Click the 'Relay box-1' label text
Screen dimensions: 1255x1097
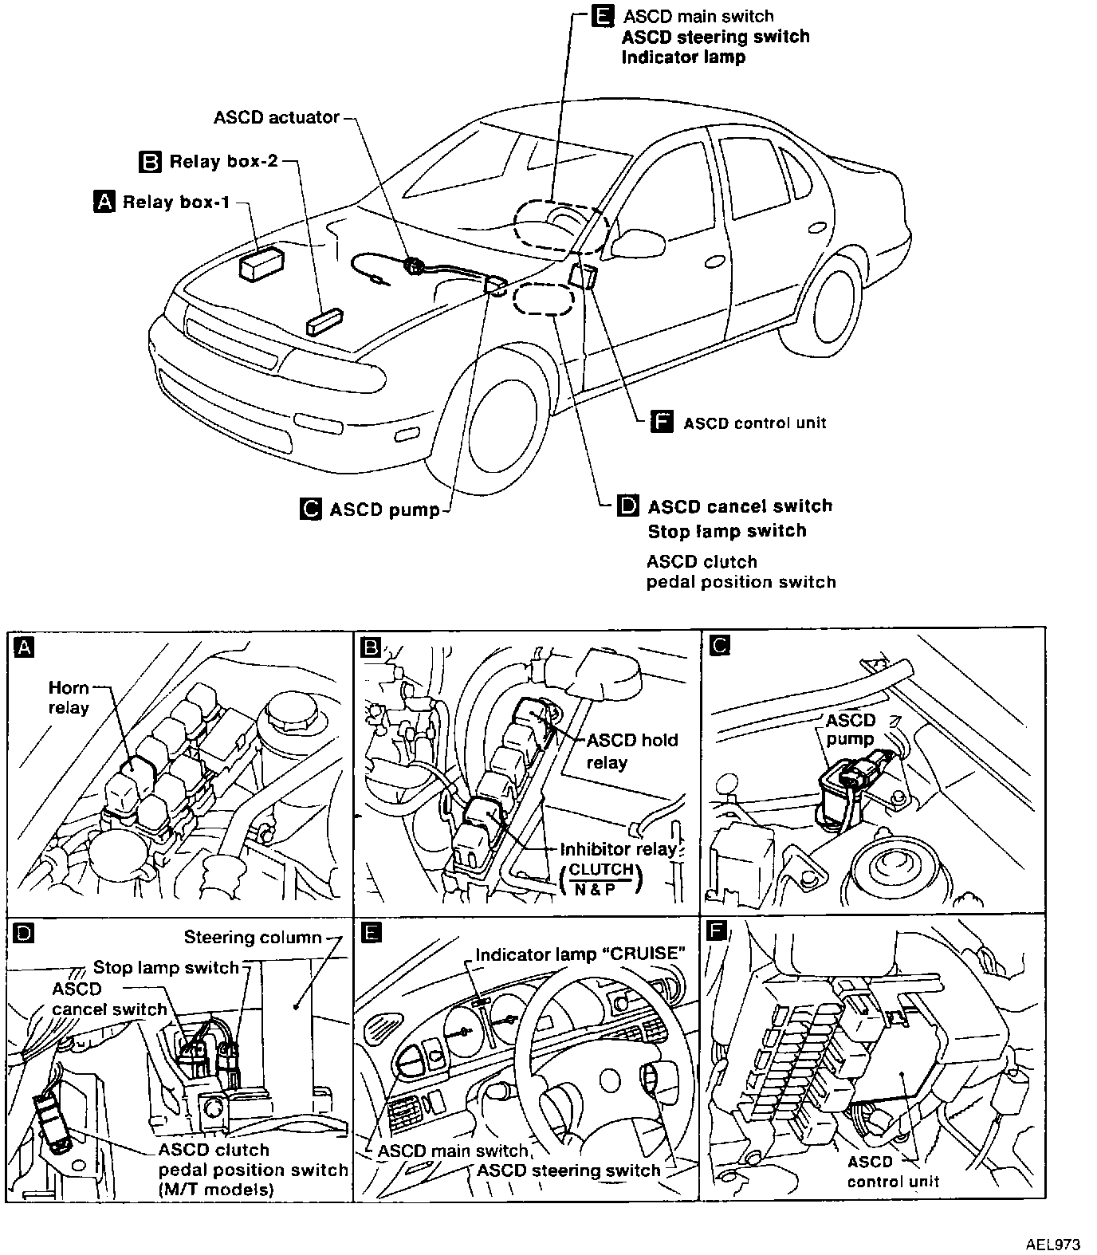click(x=176, y=203)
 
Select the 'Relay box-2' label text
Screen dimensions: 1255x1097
click(x=223, y=162)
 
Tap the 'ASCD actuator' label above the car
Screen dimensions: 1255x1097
click(x=277, y=117)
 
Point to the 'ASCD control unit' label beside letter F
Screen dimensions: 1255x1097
click(x=754, y=423)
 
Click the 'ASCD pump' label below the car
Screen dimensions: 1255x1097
click(x=384, y=509)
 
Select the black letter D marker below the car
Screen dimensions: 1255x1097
click(x=628, y=506)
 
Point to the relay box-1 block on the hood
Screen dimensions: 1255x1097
click(x=263, y=262)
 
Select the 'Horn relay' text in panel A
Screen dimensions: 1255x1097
click(x=69, y=698)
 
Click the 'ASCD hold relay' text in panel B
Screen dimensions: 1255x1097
click(x=631, y=751)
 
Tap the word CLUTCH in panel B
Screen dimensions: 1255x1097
click(x=602, y=869)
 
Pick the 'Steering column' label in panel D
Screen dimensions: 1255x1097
click(x=253, y=937)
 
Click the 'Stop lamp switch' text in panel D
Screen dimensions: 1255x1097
click(x=166, y=968)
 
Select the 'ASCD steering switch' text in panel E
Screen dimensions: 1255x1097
click(x=568, y=1170)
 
